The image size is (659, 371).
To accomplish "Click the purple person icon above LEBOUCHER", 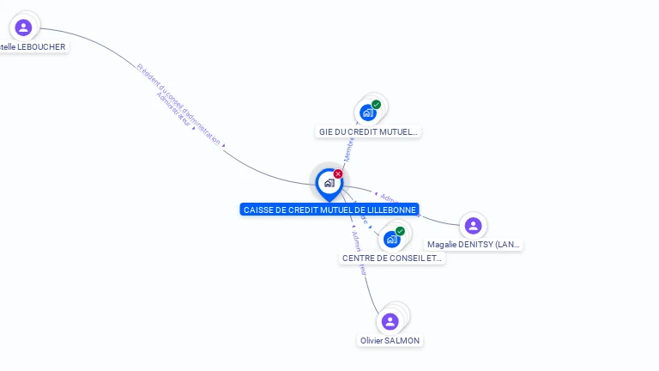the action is tap(23, 27).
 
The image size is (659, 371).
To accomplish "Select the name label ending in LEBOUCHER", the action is tap(33, 46).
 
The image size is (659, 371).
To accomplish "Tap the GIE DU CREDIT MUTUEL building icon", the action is tap(368, 113).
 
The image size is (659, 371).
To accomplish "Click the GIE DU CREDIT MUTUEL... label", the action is tap(368, 132).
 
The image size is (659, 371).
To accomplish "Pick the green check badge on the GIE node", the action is tap(376, 105).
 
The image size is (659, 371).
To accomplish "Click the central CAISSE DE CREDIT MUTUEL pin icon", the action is tap(329, 183).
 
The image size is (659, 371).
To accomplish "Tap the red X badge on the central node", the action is tap(338, 174).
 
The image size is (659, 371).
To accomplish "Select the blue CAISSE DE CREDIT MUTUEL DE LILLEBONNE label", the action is tap(329, 210).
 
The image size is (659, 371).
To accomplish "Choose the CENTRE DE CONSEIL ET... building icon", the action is tap(392, 240).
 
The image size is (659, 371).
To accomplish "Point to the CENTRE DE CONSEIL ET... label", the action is tap(392, 258).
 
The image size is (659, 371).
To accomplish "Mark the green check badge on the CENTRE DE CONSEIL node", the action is tap(400, 231).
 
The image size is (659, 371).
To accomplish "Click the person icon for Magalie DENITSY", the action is tap(473, 226).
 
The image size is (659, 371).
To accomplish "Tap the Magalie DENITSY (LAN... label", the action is tap(474, 245).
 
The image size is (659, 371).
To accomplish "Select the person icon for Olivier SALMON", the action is tap(390, 321).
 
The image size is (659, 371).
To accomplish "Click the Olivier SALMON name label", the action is tap(390, 341).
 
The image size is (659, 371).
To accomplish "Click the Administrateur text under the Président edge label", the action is tap(173, 110).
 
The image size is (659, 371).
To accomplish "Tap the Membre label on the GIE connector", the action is tap(349, 148).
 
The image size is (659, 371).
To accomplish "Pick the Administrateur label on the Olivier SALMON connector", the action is tap(359, 252).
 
